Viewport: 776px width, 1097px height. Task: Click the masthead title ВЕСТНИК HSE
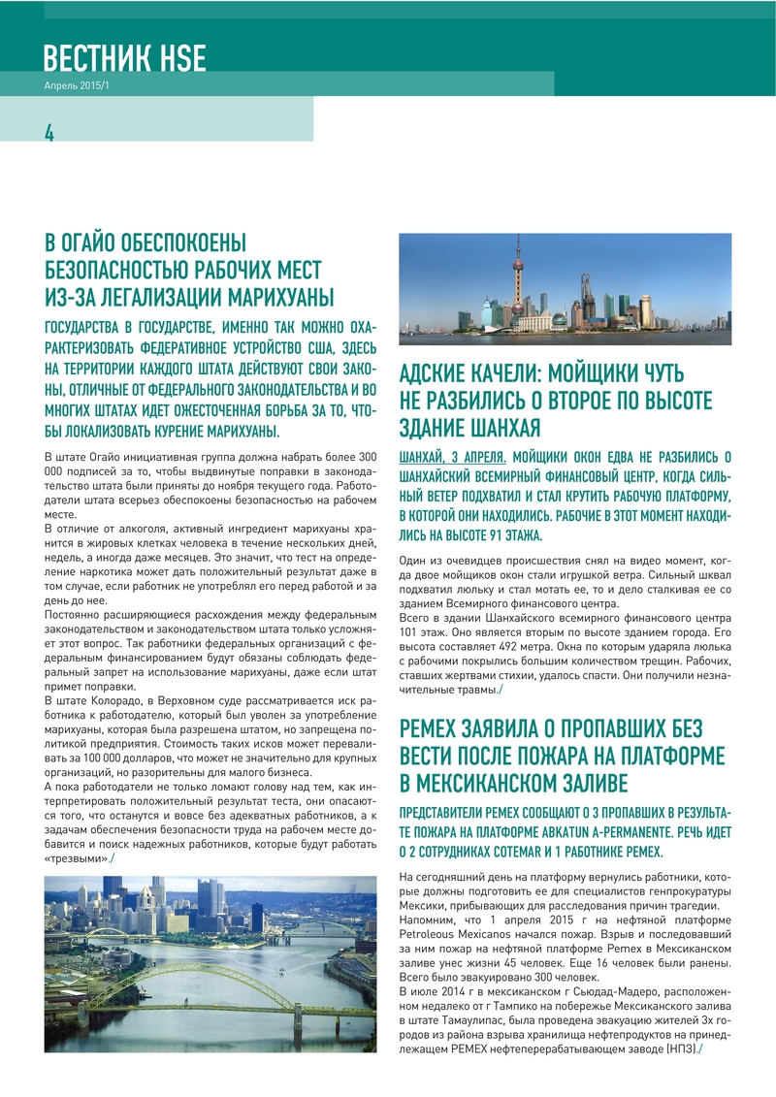[124, 58]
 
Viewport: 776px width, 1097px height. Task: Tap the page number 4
[48, 133]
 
